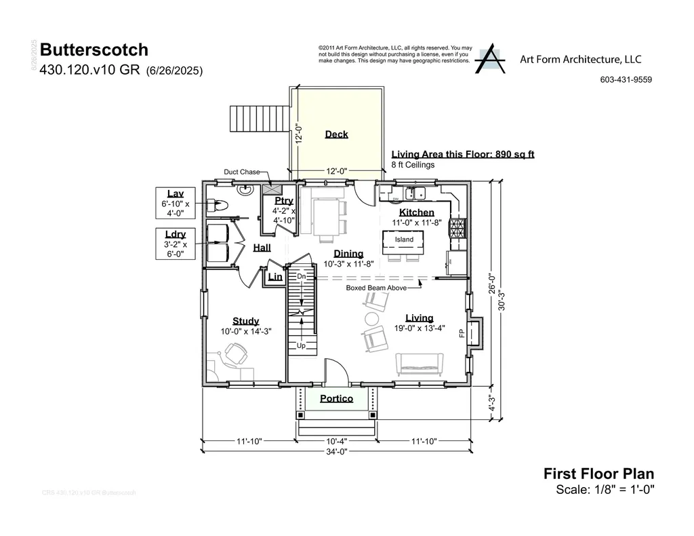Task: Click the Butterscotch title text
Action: pos(94,50)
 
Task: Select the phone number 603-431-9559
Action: pos(626,79)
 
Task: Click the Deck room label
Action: pos(336,134)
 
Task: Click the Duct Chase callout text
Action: pos(242,172)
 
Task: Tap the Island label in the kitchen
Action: pos(404,240)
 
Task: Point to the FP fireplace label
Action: pos(462,333)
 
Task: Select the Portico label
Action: pos(337,398)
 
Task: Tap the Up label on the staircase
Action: pos(302,345)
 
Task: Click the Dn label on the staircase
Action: pos(302,277)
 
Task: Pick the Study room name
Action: pos(245,321)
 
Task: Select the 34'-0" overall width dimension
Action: pos(337,452)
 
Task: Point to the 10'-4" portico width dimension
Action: pos(337,441)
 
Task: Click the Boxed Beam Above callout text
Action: pos(377,288)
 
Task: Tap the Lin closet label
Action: pos(275,277)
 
